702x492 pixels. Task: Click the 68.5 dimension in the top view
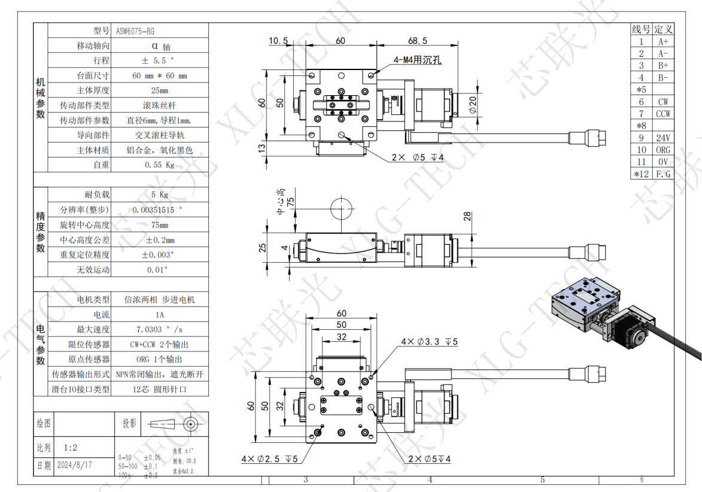(x=417, y=41)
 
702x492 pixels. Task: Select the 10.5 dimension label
(x=278, y=41)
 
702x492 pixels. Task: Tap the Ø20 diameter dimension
(x=472, y=105)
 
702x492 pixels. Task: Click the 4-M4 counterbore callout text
(x=417, y=60)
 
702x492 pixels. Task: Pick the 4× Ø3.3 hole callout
(x=429, y=342)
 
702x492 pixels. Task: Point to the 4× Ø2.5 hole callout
(x=270, y=459)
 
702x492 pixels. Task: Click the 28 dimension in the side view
(x=468, y=216)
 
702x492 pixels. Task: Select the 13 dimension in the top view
(x=262, y=148)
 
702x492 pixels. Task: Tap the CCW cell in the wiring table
(x=663, y=114)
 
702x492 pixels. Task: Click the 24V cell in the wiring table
(x=663, y=138)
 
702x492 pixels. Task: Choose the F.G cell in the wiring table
(x=663, y=174)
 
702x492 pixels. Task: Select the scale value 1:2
(x=71, y=447)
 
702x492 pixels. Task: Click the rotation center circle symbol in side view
(x=342, y=210)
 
